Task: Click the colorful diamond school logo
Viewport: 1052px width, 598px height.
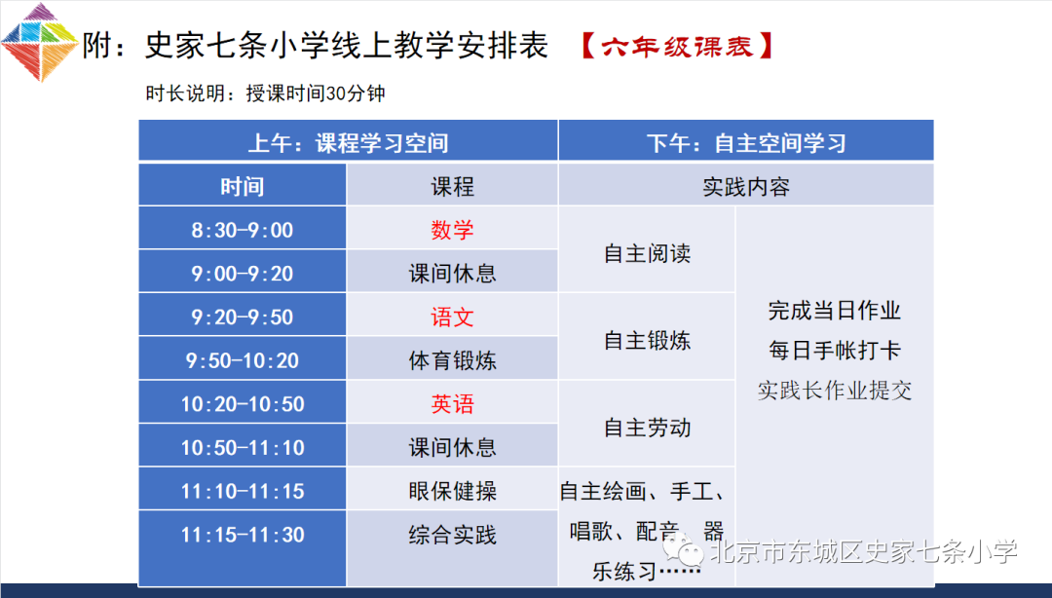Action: tap(40, 42)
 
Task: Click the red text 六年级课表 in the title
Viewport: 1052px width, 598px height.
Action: tap(677, 47)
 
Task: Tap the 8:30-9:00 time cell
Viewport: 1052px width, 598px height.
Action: tap(243, 228)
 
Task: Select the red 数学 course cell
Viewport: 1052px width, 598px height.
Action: tap(452, 228)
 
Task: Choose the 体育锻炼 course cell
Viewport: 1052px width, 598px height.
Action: tap(452, 358)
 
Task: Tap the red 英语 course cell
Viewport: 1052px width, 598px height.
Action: tap(452, 402)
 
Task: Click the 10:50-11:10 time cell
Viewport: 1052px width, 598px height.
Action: tap(243, 446)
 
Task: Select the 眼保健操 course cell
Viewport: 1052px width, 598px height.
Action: tap(452, 489)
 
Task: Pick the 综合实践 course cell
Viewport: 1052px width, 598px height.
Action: tap(452, 548)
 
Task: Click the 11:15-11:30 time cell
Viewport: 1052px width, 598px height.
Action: tap(243, 548)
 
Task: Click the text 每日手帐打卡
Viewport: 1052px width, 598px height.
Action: tap(835, 350)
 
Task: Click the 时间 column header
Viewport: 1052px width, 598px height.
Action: tap(243, 185)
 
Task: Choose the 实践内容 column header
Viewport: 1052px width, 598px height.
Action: tap(746, 185)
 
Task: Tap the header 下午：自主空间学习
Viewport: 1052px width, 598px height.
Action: tap(746, 141)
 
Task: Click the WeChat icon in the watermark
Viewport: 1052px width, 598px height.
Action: tap(683, 550)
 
